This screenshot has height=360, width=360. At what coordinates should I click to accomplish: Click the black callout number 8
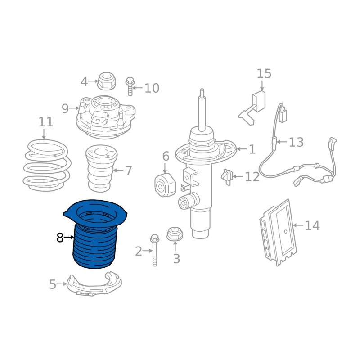(x=60, y=238)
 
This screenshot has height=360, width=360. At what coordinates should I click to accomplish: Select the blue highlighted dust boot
(x=95, y=234)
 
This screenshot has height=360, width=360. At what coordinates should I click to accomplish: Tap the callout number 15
(x=264, y=74)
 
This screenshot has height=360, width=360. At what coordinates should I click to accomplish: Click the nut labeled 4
(x=107, y=81)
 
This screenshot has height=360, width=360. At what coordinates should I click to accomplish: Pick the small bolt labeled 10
(x=130, y=86)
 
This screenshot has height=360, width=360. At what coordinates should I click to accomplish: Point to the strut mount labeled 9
(x=106, y=117)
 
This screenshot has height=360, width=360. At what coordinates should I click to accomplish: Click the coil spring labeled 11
(x=47, y=165)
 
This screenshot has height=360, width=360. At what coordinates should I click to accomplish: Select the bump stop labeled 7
(x=102, y=168)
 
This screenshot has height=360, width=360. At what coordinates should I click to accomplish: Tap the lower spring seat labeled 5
(x=94, y=284)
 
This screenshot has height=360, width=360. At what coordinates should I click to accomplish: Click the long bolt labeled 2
(x=154, y=250)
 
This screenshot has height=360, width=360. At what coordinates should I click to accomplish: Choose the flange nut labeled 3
(x=175, y=234)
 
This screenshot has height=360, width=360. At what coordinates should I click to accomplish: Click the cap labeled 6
(x=165, y=185)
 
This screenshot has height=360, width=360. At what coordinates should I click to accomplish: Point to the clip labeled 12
(x=227, y=177)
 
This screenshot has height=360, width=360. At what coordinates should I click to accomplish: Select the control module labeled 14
(x=278, y=232)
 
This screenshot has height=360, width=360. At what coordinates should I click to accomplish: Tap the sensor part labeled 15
(x=252, y=108)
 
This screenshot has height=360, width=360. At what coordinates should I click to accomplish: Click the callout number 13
(x=296, y=142)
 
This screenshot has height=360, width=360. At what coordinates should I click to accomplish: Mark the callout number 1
(x=252, y=149)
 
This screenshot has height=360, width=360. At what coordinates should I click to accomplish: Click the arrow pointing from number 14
(x=298, y=225)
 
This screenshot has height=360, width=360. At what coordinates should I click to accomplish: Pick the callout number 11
(x=46, y=122)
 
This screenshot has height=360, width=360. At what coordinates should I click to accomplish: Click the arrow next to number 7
(x=118, y=171)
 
